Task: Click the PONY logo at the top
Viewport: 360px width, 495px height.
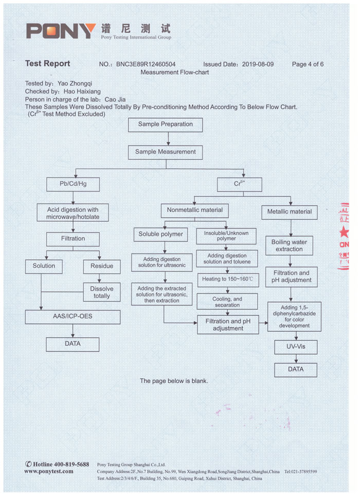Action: pyautogui.click(x=61, y=31)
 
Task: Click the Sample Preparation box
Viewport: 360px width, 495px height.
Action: pyautogui.click(x=165, y=125)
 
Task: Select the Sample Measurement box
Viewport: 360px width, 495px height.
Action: pyautogui.click(x=165, y=152)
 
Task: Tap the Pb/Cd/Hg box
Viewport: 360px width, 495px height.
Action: pyautogui.click(x=73, y=183)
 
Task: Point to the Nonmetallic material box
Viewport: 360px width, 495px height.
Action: pyautogui.click(x=195, y=210)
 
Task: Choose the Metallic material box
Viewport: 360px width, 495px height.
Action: pyautogui.click(x=290, y=211)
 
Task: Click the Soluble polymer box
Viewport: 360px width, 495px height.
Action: pyautogui.click(x=160, y=234)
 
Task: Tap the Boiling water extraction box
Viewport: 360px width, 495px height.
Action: pyautogui.click(x=289, y=245)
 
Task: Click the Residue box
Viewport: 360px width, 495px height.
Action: pyautogui.click(x=102, y=266)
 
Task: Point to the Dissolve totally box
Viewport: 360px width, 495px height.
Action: pyautogui.click(x=102, y=292)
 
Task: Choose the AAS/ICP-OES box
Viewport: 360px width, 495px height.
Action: pyautogui.click(x=73, y=316)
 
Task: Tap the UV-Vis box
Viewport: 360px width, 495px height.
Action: pyautogui.click(x=295, y=347)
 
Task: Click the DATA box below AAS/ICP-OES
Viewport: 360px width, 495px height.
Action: pyautogui.click(x=73, y=344)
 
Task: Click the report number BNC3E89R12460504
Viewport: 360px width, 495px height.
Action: pyautogui.click(x=146, y=64)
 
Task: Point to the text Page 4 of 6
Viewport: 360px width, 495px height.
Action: pyautogui.click(x=308, y=64)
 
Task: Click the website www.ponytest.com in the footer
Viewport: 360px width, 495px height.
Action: pyautogui.click(x=49, y=471)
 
